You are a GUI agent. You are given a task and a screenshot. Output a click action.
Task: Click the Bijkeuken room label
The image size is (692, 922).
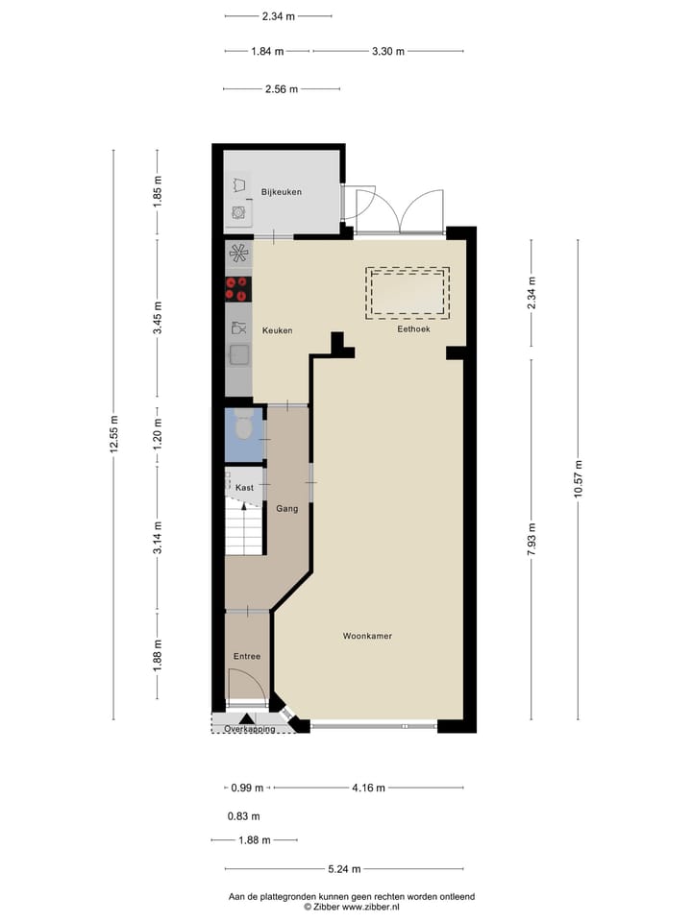point(282,192)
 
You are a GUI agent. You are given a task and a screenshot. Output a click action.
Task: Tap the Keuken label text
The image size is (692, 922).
point(277,330)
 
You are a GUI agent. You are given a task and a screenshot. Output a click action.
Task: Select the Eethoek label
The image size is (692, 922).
point(414,328)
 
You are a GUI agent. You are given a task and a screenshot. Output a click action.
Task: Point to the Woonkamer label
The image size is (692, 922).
point(367,636)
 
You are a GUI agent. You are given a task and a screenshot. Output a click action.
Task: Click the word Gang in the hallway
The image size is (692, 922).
point(285,508)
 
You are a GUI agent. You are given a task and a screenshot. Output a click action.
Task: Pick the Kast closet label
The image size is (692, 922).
point(244,488)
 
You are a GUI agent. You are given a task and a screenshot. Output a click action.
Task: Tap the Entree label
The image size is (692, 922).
point(247,657)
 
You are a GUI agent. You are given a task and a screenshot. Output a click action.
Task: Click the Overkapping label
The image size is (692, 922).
point(250,729)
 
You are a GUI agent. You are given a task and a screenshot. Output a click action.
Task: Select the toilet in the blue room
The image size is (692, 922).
point(244,427)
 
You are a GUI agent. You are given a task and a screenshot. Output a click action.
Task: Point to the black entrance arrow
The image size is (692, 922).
point(247,718)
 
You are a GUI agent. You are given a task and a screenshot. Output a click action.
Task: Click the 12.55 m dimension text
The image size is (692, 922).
point(114,434)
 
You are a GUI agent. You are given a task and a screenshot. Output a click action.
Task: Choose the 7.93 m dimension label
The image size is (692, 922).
point(531,539)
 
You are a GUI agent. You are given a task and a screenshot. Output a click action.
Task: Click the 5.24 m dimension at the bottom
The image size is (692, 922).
point(343,869)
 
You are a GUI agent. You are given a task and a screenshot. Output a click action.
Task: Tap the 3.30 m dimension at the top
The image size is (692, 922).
point(387,51)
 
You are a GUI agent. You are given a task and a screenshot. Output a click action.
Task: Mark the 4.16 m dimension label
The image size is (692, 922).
point(368,788)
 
